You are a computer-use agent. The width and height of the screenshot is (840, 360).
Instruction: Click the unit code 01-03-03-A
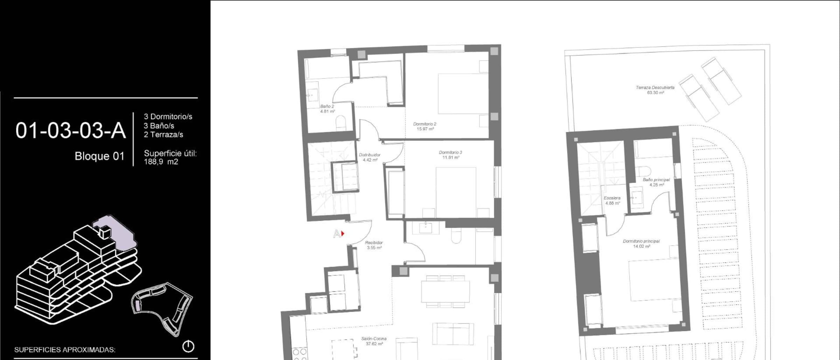(70, 131)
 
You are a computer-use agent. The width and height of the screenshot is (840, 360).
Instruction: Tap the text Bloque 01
(99, 156)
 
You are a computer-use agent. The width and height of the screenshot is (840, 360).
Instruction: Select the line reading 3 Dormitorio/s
(168, 117)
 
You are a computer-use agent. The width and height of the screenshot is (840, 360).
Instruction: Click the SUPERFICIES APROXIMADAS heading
(65, 350)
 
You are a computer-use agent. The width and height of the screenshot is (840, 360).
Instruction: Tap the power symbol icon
(188, 346)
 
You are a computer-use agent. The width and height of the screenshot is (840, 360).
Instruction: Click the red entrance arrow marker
(343, 233)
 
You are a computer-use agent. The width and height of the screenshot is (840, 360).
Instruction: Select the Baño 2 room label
(327, 106)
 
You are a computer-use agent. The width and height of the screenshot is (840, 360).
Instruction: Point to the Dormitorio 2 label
(425, 124)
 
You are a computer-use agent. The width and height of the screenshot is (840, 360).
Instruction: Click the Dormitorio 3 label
(450, 152)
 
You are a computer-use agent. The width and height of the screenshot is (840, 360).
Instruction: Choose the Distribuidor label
(370, 155)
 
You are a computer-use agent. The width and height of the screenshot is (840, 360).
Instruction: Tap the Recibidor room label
(374, 242)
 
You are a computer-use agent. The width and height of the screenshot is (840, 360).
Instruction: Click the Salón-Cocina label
(374, 339)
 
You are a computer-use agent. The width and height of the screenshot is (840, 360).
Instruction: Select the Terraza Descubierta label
(655, 87)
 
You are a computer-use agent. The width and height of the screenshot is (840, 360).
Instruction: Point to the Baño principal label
(656, 180)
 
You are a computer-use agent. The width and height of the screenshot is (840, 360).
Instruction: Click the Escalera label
(612, 198)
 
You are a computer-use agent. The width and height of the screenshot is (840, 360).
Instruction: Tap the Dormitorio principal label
(641, 241)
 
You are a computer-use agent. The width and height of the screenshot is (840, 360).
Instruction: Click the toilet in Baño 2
(341, 123)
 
